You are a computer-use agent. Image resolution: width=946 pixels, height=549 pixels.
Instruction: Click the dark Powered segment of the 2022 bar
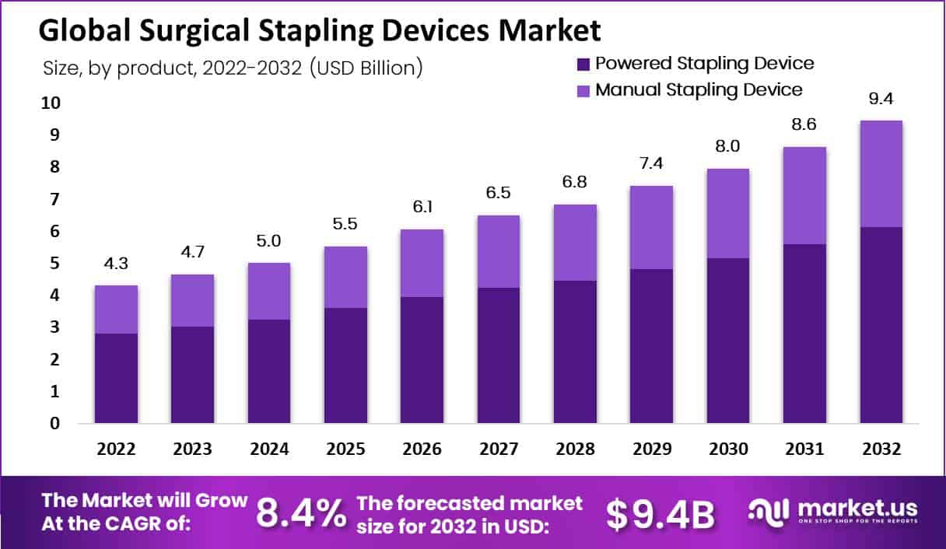[x=116, y=379]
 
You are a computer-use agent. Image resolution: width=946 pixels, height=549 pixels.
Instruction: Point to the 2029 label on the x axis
[x=651, y=450]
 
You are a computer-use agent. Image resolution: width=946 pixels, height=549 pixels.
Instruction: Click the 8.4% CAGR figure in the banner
[x=301, y=512]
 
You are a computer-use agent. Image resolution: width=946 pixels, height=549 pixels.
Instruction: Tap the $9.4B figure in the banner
[x=660, y=512]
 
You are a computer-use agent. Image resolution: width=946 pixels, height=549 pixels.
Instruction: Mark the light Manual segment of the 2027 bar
[x=499, y=251]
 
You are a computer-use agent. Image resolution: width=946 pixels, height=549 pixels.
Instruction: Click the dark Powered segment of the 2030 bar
[x=728, y=341]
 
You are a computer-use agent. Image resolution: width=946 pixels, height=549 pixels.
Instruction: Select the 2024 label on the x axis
[x=269, y=450]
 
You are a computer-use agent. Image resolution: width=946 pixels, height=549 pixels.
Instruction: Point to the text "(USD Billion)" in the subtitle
[x=366, y=68]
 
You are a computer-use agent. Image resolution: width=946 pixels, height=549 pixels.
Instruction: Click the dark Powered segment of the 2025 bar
[x=345, y=365]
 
